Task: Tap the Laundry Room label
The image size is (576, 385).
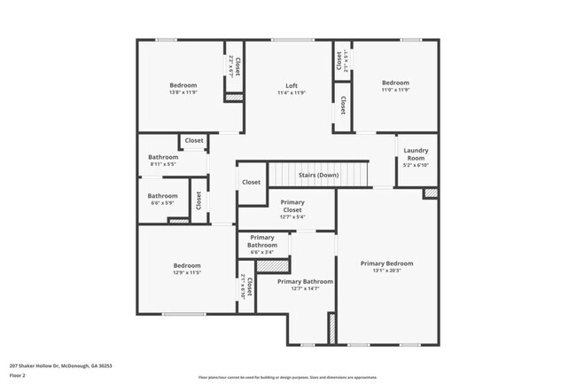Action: (x=416, y=154)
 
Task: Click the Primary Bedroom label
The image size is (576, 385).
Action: (x=386, y=263)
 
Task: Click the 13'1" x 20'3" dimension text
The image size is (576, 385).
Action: (x=386, y=271)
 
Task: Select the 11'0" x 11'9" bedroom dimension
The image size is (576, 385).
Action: (x=395, y=90)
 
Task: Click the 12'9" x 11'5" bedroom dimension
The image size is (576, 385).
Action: (x=187, y=272)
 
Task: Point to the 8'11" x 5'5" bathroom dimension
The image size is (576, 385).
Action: (x=163, y=165)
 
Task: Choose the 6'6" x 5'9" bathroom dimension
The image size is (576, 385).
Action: (x=162, y=202)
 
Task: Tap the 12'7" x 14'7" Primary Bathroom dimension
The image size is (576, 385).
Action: (x=305, y=288)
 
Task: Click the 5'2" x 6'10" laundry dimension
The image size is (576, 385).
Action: (x=416, y=165)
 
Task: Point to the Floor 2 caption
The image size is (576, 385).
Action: (x=19, y=375)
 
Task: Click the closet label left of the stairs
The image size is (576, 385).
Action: (x=251, y=183)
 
